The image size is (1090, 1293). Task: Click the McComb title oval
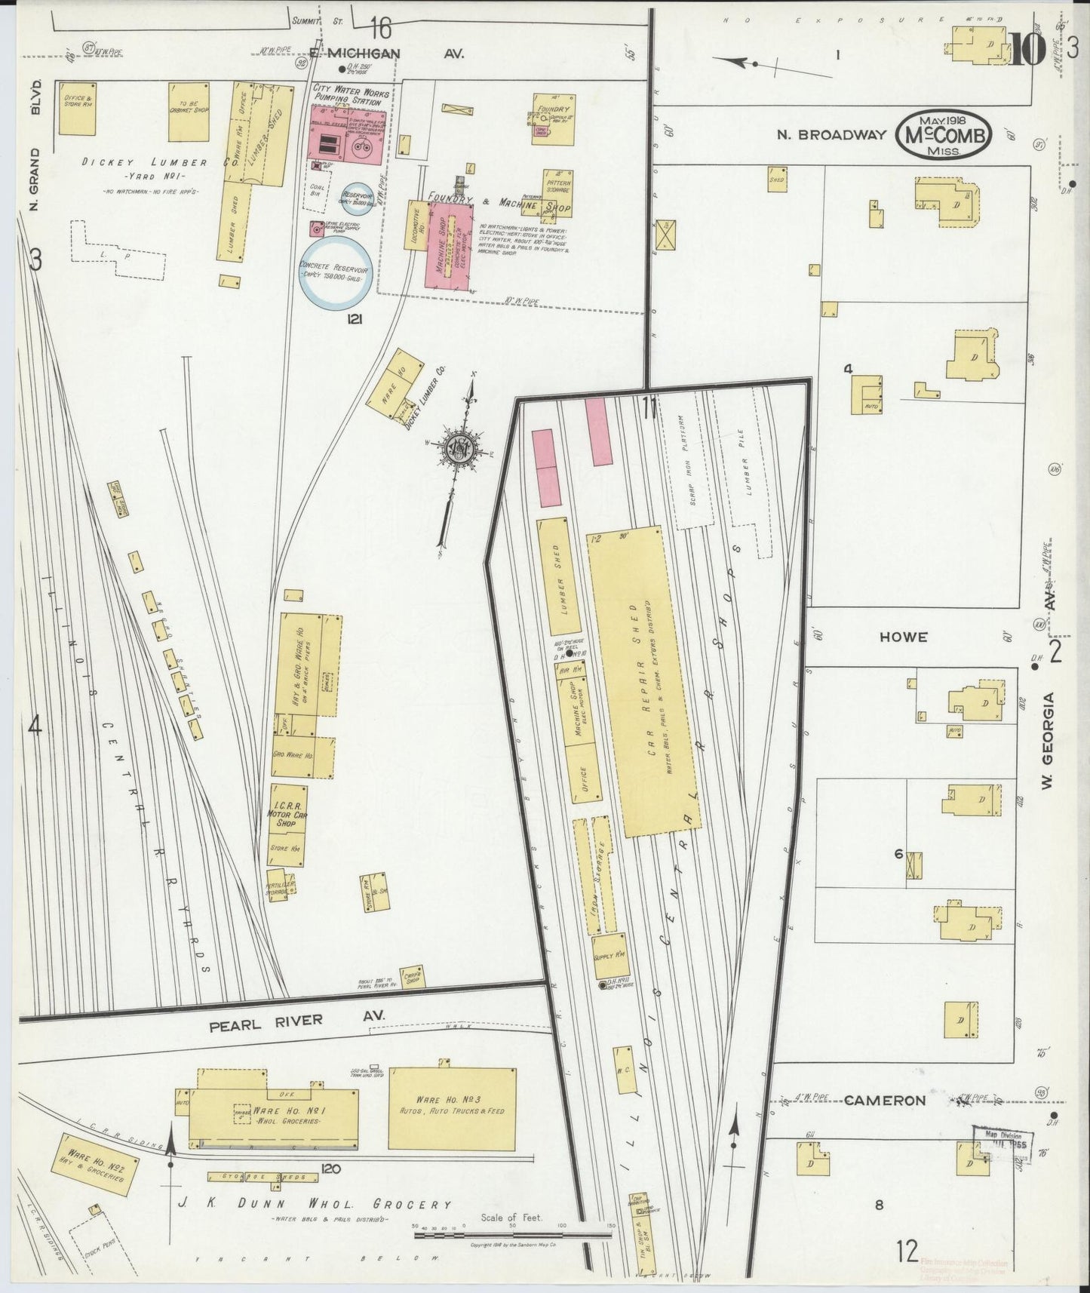tap(944, 134)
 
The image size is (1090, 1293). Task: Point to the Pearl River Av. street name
tap(278, 1021)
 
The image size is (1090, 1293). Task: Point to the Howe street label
tap(902, 637)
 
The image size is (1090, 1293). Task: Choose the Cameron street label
tap(884, 1100)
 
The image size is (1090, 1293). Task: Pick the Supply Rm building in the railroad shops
tap(610, 955)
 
